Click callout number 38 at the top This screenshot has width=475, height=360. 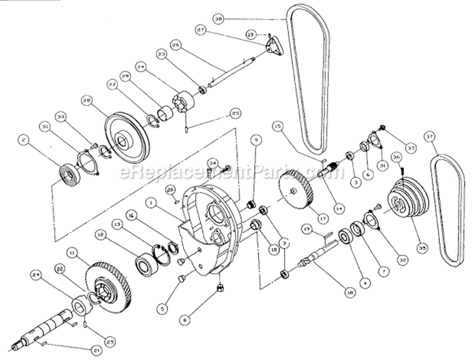219,20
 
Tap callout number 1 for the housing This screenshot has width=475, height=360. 151,204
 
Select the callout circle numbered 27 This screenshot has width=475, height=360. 200,30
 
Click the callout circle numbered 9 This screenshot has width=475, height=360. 257,140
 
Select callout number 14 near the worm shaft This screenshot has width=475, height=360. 340,207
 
